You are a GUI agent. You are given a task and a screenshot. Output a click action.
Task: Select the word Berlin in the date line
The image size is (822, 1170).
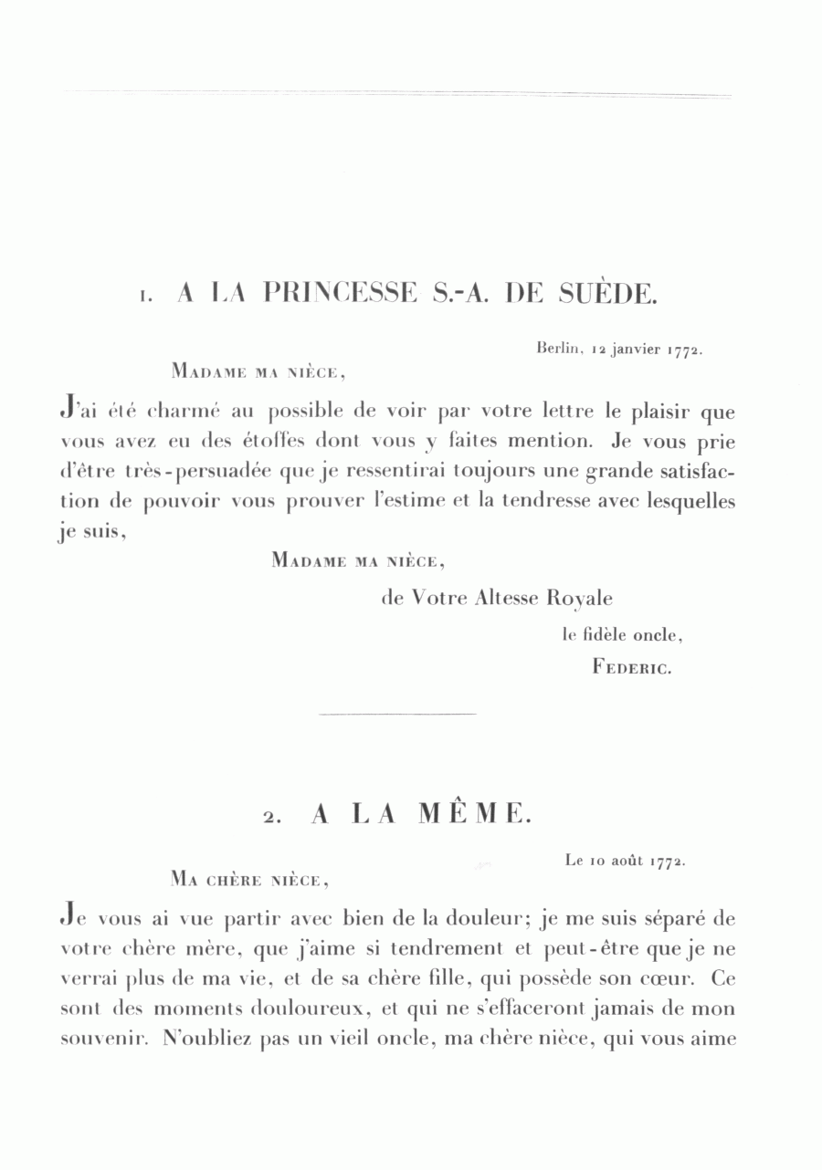[x=560, y=348]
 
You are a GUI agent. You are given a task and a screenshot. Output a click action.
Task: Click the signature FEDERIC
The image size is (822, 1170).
[x=632, y=667]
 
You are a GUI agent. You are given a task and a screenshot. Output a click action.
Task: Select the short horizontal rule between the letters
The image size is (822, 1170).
[x=398, y=714]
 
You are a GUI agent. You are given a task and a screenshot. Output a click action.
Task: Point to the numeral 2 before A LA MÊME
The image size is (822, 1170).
[x=272, y=819]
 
